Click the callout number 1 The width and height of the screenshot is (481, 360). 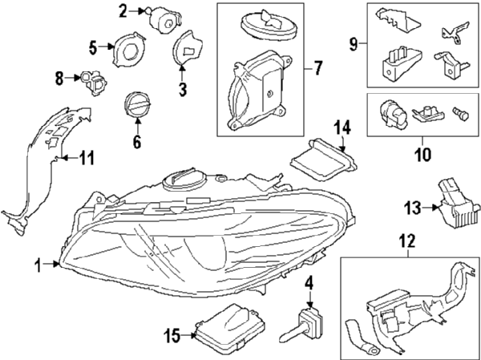(x=38, y=264)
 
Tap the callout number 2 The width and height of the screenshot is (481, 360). (x=123, y=10)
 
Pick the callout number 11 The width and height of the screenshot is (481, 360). (x=86, y=158)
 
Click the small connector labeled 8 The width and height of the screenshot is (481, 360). (x=93, y=79)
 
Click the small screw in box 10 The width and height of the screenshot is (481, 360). (x=461, y=114)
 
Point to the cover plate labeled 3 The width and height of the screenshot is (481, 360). (x=188, y=52)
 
